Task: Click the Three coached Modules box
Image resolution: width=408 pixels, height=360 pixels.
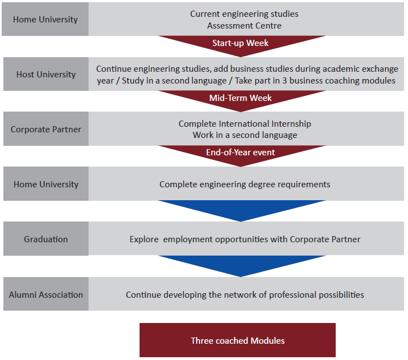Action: [238, 340]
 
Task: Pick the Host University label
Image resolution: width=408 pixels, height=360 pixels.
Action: [46, 74]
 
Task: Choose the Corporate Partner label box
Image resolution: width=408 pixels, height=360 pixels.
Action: [46, 129]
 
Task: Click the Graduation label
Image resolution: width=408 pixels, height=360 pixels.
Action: [46, 239]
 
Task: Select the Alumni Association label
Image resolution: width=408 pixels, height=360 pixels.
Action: [46, 294]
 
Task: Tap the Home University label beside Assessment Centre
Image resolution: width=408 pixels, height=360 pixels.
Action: [45, 19]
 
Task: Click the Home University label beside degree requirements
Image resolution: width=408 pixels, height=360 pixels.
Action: [46, 184]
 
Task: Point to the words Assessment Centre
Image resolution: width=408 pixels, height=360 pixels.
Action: [244, 25]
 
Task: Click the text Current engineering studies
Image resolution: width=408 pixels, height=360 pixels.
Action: [244, 14]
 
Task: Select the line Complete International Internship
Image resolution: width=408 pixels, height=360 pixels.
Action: [245, 123]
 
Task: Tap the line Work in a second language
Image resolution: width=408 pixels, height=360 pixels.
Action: [245, 135]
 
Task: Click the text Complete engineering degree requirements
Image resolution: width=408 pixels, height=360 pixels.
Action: [245, 184]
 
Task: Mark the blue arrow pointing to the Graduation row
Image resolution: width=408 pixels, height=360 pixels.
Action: [242, 210]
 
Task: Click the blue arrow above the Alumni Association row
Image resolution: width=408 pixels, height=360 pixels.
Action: [242, 266]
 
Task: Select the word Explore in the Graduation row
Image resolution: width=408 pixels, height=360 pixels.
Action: [144, 239]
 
